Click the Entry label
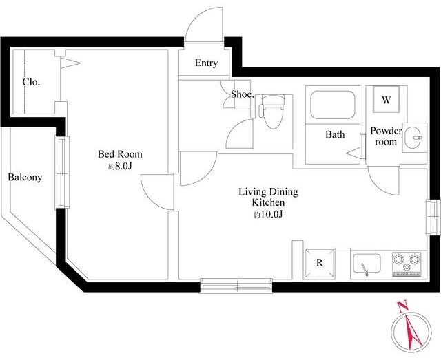206,63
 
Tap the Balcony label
25,178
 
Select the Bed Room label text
120,154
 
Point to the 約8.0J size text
120,167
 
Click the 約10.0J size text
268,215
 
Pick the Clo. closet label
31,82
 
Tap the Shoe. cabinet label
243,94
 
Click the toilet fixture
272,112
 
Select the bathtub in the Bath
333,105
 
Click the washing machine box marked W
386,99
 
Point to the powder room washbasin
415,138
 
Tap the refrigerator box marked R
320,263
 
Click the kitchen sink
367,264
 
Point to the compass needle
413,331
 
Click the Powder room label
386,136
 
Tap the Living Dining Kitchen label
268,197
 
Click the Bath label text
335,134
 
